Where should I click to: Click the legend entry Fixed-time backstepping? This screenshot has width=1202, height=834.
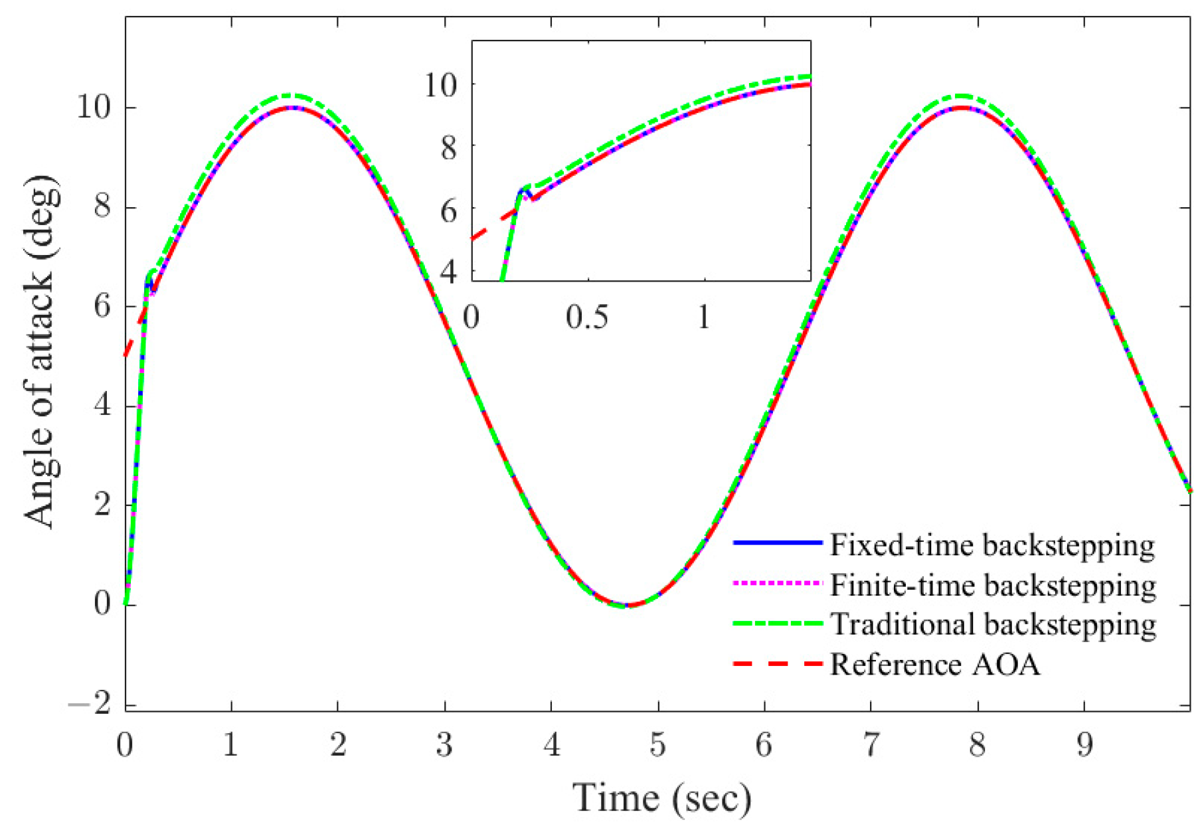(992, 545)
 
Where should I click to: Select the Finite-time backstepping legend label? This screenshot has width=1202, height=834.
(993, 585)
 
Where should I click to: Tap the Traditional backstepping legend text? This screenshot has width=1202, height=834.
(993, 624)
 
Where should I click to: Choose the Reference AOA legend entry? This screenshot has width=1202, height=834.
(935, 664)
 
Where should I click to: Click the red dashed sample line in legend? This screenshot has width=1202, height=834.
(778, 663)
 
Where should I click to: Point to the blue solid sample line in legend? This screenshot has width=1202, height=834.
(778, 543)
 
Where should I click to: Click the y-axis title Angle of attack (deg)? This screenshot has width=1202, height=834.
(41, 352)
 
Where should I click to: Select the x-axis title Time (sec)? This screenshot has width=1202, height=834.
(661, 798)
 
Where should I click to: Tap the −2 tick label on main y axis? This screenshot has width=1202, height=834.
(90, 704)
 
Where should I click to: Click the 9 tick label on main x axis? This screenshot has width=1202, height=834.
(1084, 745)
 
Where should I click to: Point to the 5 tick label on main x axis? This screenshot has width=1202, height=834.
(657, 745)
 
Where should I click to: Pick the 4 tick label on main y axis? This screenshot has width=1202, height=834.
(102, 406)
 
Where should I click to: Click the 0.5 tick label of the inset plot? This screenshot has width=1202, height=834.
(587, 317)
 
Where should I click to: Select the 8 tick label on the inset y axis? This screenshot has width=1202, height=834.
(449, 147)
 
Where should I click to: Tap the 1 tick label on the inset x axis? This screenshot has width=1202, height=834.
(704, 317)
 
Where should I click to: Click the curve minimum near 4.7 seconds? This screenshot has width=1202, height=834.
(627, 605)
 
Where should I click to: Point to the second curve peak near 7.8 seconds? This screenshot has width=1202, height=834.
(961, 107)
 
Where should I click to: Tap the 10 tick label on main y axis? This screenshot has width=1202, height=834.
(94, 107)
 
